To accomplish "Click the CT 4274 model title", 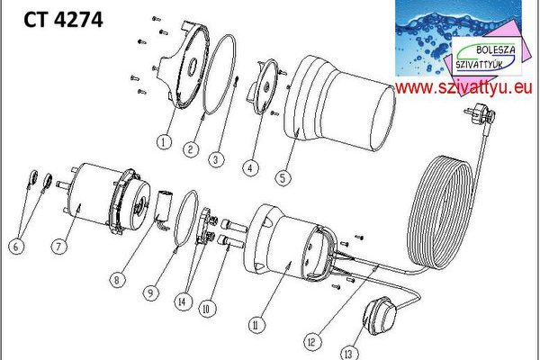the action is (x=63, y=20).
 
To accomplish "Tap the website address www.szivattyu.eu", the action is (x=463, y=88).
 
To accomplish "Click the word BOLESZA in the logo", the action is (x=496, y=50).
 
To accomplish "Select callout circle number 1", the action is (x=164, y=142).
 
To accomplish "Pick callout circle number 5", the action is (x=283, y=178).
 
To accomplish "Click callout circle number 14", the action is (x=182, y=302).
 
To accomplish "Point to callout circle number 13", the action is (x=348, y=354).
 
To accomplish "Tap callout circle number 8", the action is (x=117, y=280).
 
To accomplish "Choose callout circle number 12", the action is (x=311, y=342).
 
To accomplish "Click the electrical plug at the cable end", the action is (x=481, y=114).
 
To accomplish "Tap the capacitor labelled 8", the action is (x=163, y=210).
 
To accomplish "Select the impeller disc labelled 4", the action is (x=265, y=86).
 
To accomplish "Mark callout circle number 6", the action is (x=16, y=247).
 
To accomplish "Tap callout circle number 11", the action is (x=256, y=325).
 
